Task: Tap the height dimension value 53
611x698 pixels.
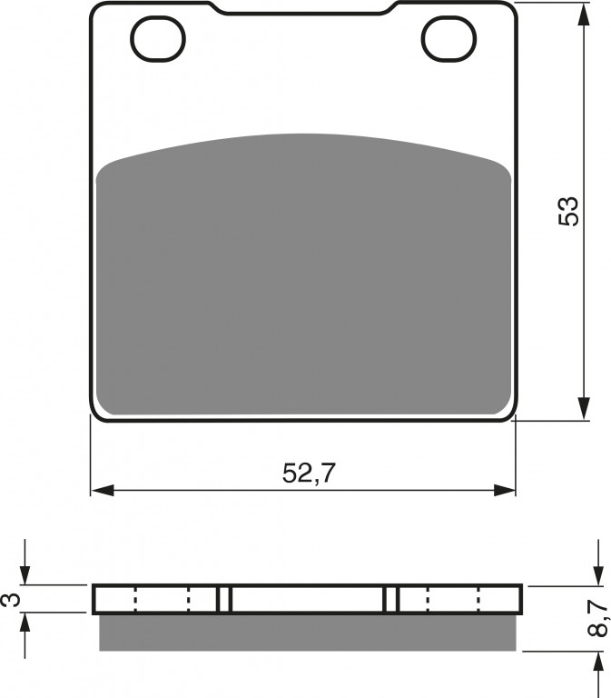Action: coord(568,211)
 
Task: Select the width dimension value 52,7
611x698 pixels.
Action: coord(308,473)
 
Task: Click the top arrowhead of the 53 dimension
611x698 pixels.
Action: coord(585,15)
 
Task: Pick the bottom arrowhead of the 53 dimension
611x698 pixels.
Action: coord(585,408)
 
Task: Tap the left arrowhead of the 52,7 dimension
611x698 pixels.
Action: coord(103,491)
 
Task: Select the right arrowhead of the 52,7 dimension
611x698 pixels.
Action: coord(504,491)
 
